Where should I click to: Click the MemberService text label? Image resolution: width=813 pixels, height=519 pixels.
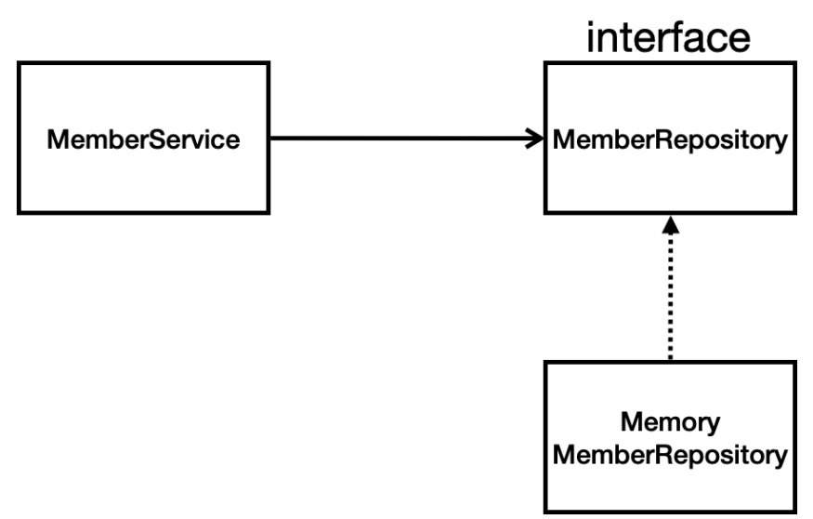[144, 140]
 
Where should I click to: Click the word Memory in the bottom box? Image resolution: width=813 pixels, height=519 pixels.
[670, 423]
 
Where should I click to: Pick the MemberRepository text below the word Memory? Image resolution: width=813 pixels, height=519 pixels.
[670, 455]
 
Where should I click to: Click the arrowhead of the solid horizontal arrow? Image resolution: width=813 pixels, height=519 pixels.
[537, 139]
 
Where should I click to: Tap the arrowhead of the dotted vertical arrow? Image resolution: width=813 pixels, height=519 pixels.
[670, 226]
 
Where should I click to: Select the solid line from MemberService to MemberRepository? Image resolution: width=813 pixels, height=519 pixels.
[400, 139]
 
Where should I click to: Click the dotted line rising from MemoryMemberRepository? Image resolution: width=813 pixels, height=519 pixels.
[670, 298]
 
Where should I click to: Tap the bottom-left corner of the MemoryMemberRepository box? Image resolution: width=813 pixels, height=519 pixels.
[545, 510]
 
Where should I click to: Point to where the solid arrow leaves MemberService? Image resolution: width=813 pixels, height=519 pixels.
[271, 139]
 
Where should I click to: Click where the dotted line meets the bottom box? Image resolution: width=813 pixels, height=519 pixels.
[670, 361]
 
